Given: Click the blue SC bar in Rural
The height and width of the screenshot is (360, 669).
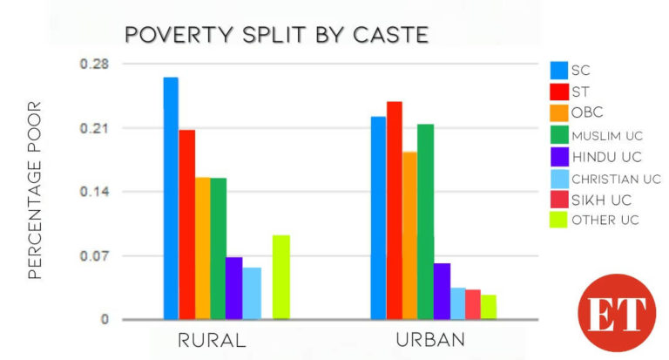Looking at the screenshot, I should [171, 198].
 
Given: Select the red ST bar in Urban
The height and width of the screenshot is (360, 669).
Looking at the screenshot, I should [394, 210].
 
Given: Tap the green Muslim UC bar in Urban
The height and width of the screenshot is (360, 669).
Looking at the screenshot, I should [425, 221].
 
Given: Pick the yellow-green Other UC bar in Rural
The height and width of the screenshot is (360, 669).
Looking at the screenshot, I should [280, 277].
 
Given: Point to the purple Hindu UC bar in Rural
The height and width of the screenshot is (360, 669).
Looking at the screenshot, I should [233, 288].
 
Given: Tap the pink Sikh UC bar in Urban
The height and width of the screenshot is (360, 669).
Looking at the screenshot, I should [472, 304].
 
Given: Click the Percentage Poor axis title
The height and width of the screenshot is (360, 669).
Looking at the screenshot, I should [35, 190].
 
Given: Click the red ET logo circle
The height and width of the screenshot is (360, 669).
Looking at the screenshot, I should [616, 312].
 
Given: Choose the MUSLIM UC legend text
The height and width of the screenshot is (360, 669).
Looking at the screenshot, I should [607, 135].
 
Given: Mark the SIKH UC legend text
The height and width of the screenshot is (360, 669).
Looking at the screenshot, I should [601, 200].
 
